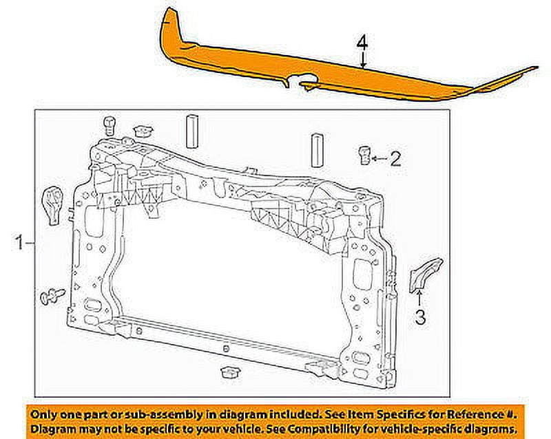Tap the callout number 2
(x=394, y=160)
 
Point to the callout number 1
(x=21, y=242)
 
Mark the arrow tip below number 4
(x=362, y=67)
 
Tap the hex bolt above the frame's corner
(x=108, y=125)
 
